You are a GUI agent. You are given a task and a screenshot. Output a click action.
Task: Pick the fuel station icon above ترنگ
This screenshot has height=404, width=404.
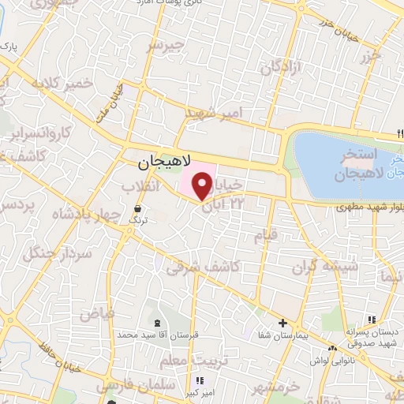click(139, 208)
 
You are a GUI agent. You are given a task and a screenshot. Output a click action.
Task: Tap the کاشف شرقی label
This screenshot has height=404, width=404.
click(203, 267)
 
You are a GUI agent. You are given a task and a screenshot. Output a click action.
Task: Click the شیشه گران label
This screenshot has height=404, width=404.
click(330, 266)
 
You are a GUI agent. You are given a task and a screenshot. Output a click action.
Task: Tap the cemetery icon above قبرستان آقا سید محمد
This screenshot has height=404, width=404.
click(156, 322)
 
